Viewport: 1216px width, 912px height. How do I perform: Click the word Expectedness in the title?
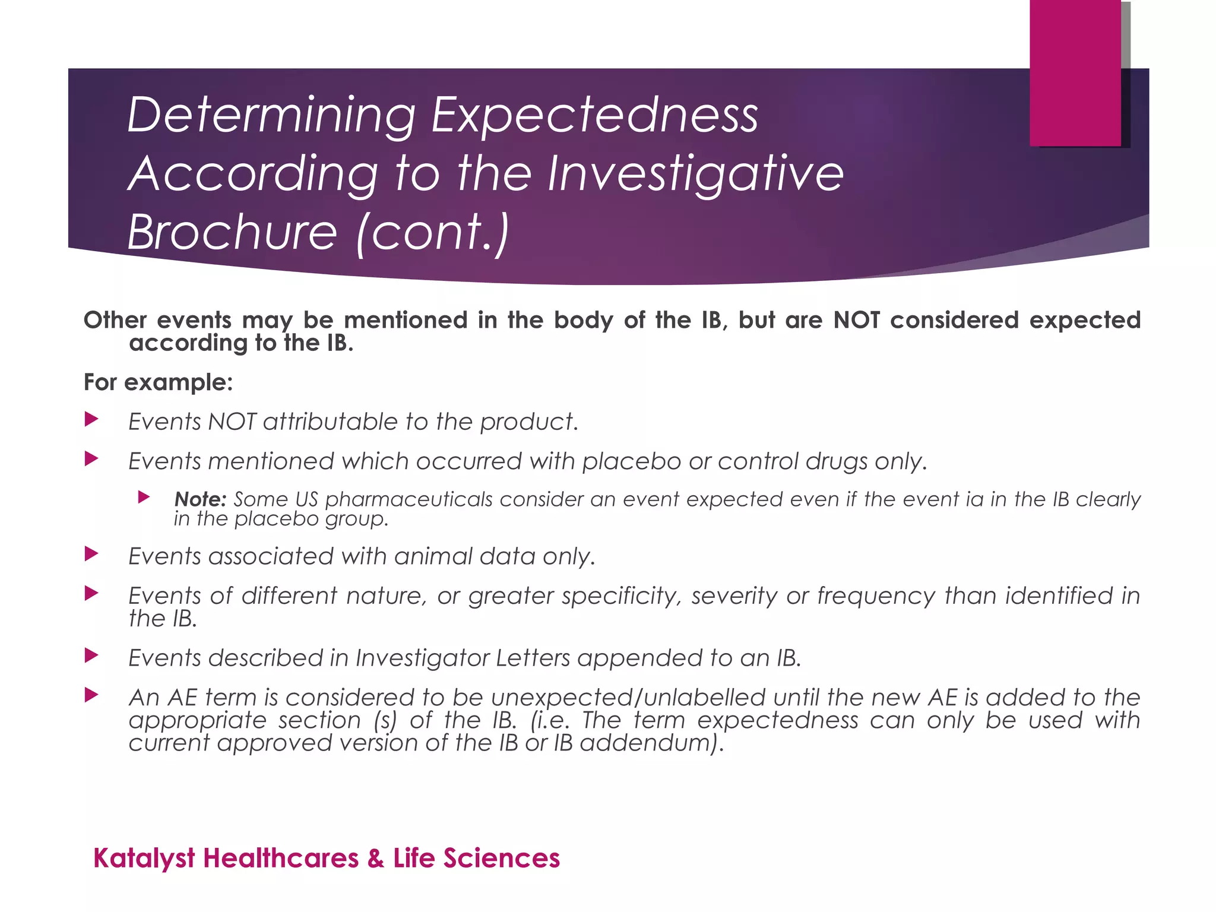[x=594, y=115]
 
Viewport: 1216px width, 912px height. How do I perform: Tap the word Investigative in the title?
[x=695, y=173]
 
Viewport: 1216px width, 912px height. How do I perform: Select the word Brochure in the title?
[x=232, y=232]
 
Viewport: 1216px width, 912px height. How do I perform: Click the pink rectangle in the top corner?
[x=1075, y=72]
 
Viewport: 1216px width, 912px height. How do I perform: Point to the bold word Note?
[x=200, y=499]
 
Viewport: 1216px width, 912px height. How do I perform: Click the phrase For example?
[x=158, y=382]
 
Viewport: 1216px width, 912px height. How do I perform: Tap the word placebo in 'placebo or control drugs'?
[x=631, y=461]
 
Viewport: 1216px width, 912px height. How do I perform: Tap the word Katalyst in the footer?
[x=144, y=859]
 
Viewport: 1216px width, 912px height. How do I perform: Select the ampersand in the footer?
[x=375, y=859]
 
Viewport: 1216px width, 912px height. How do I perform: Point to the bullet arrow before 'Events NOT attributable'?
[x=91, y=420]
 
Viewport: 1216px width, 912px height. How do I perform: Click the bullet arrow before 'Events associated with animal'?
[x=91, y=555]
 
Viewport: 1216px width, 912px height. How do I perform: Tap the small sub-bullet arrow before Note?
[x=144, y=497]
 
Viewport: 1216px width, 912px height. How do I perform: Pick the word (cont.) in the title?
[x=432, y=232]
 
